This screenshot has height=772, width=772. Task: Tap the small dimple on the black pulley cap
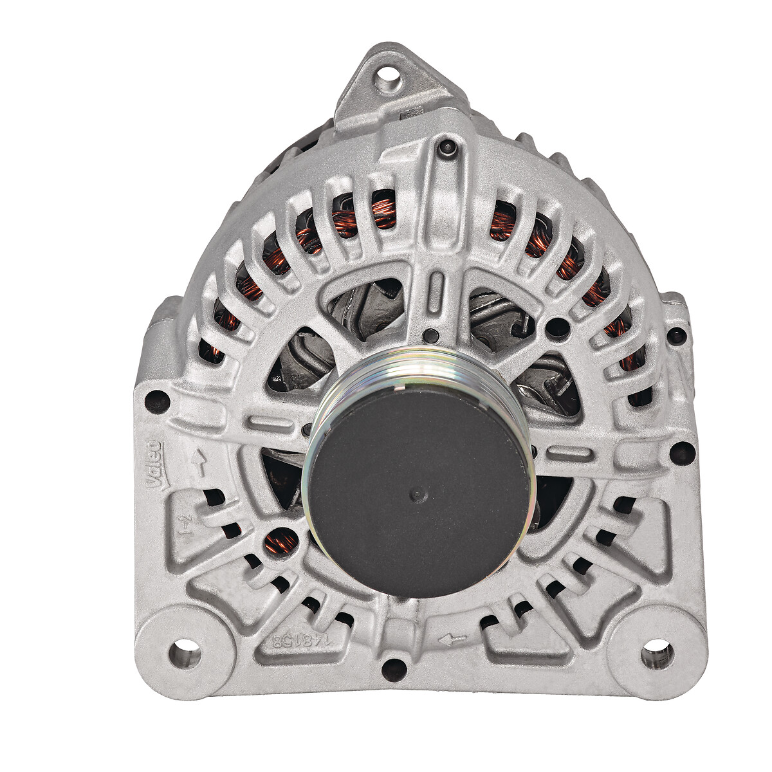click(x=418, y=495)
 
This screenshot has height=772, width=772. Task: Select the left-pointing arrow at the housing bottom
click(x=452, y=639)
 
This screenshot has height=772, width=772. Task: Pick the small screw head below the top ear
click(x=446, y=149)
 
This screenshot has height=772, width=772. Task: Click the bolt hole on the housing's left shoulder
click(x=158, y=402)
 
